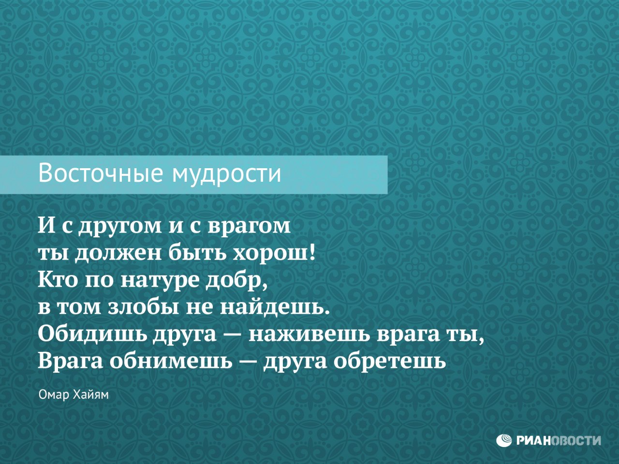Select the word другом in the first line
(x=120, y=226)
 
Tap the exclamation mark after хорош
(x=311, y=252)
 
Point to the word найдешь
(x=274, y=307)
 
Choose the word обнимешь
(x=171, y=361)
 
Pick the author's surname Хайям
(x=91, y=395)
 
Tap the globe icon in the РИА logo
(x=504, y=440)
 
